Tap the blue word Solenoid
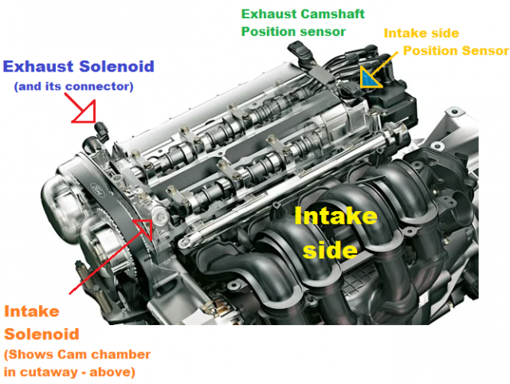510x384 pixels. point(116,66)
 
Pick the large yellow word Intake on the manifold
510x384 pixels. point(335,216)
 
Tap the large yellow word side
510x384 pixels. point(330,249)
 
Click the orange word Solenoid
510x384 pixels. point(41,335)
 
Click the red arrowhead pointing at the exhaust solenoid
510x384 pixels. point(86,112)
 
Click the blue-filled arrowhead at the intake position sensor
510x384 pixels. point(370,78)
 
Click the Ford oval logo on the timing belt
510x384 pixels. point(96,189)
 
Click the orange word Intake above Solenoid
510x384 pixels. point(32,312)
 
